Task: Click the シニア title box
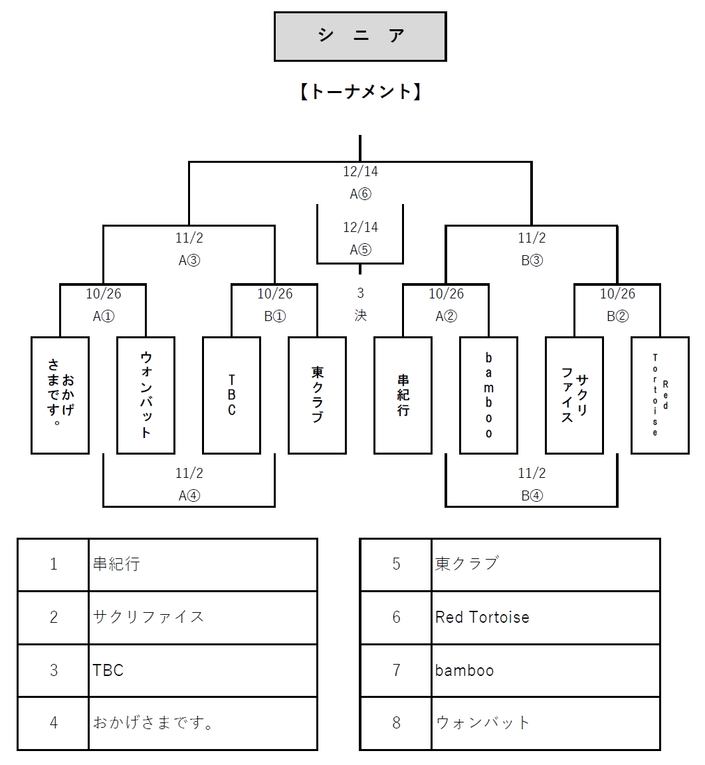360,37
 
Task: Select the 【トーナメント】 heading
360,92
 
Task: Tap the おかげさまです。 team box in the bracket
60,395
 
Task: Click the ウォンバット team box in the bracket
146,395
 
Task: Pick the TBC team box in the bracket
231,395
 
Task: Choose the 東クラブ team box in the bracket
317,395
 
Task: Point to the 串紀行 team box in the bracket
403,395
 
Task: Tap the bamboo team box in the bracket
488,395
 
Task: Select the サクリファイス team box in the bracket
574,395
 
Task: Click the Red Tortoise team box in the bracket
660,395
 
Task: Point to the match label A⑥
360,194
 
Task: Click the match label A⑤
360,250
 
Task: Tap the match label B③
532,261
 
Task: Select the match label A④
189,496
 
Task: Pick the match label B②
617,316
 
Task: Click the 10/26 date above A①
103,294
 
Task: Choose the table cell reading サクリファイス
203,617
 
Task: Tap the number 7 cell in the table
396,670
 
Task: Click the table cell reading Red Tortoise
545,617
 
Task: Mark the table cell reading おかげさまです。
203,723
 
